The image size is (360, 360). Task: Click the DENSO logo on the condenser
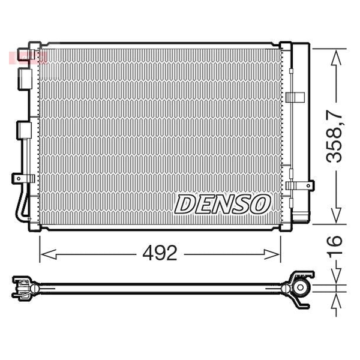click(223, 205)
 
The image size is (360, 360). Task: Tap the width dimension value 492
click(160, 253)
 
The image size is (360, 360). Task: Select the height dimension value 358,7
click(334, 136)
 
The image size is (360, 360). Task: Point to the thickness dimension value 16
click(334, 244)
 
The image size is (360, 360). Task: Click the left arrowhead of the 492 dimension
click(48, 254)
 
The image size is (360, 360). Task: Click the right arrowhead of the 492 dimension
click(272, 254)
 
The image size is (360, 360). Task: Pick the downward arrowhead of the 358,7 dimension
click(336, 215)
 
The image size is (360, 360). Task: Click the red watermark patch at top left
click(28, 58)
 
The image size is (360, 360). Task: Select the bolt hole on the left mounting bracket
click(19, 178)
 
